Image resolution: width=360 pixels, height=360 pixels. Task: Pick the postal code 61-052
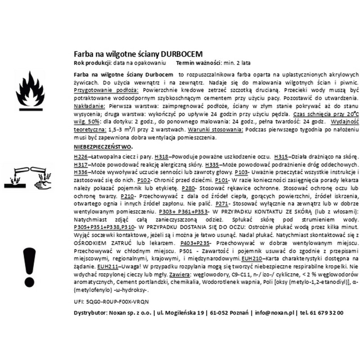coord(220,313)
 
